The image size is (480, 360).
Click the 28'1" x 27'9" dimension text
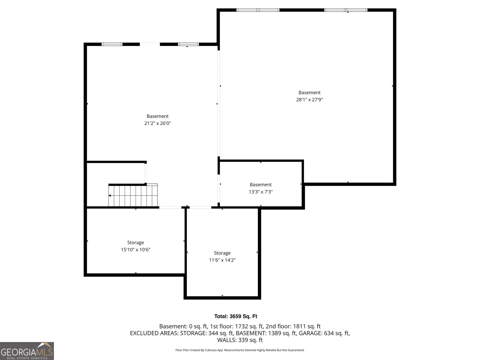click(309, 100)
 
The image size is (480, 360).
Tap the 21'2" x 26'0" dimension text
click(157, 123)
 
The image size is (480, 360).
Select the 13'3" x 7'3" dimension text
click(261, 192)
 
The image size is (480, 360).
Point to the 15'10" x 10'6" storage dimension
click(136, 250)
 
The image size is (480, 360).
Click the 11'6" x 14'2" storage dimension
click(222, 260)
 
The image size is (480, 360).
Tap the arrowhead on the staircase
click(110, 196)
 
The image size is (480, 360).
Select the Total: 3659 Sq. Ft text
click(235, 316)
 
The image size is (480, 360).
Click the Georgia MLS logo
click(27, 351)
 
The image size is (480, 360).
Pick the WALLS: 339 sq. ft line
click(240, 340)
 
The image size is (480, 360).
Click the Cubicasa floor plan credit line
click(240, 350)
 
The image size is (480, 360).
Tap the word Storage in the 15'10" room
click(136, 242)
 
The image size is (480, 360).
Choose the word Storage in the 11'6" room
click(222, 253)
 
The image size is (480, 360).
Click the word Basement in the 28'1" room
click(309, 92)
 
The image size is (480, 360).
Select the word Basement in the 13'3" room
click(261, 184)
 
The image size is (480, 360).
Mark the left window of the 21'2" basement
click(112, 44)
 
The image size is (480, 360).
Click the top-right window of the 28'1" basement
click(346, 10)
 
